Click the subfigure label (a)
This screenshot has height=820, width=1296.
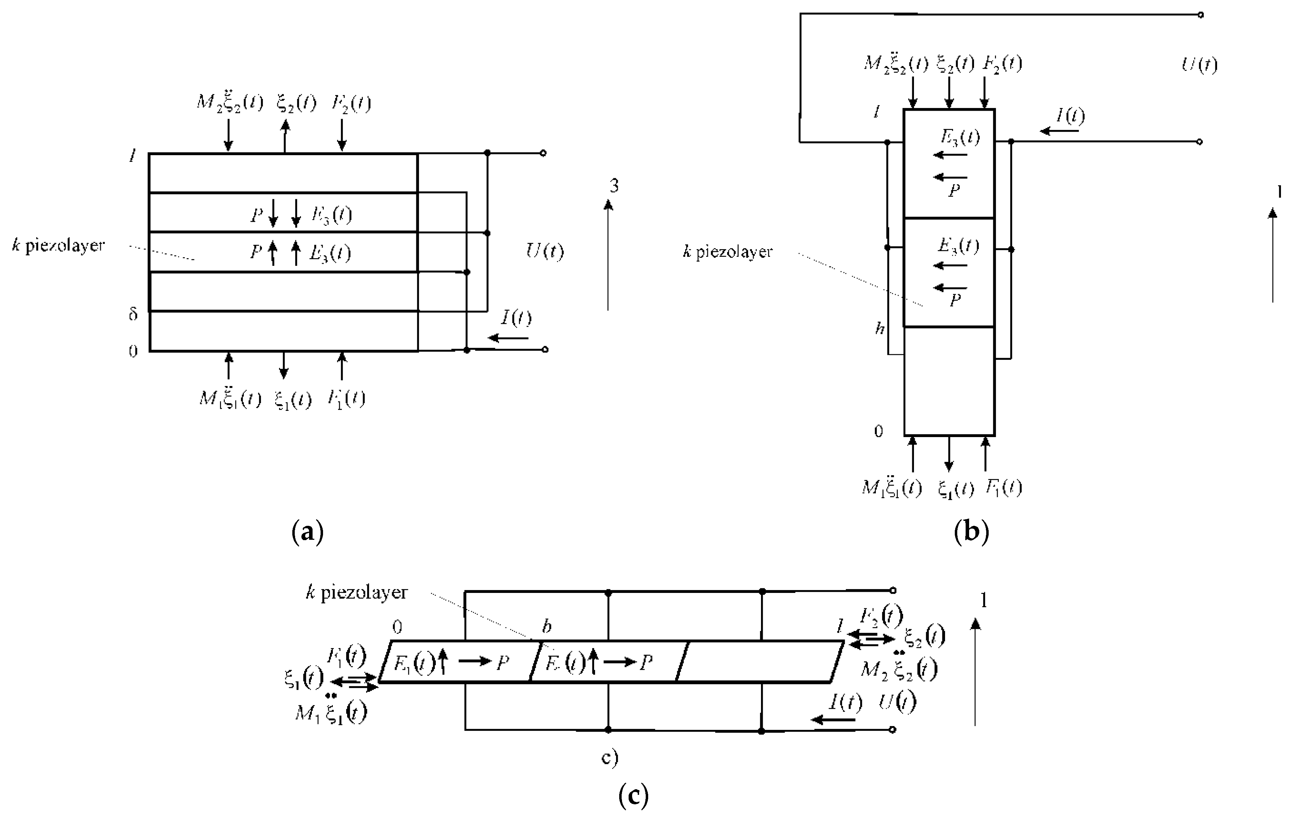click(307, 532)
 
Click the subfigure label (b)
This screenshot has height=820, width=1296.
click(972, 532)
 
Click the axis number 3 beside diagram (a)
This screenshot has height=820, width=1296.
click(614, 186)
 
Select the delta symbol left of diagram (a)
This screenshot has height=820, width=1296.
click(133, 314)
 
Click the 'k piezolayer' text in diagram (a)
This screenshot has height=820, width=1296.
click(58, 246)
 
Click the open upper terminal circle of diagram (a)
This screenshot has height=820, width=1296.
click(543, 153)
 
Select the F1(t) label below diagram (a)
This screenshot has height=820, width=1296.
click(346, 399)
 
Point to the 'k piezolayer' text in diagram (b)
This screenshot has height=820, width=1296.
click(728, 252)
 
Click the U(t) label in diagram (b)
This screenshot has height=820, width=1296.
click(1199, 65)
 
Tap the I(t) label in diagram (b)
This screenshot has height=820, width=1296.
click(1070, 116)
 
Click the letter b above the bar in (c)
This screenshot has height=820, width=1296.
click(546, 626)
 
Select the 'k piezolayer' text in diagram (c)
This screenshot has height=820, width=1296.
click(357, 592)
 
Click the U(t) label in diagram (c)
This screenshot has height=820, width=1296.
click(897, 702)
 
